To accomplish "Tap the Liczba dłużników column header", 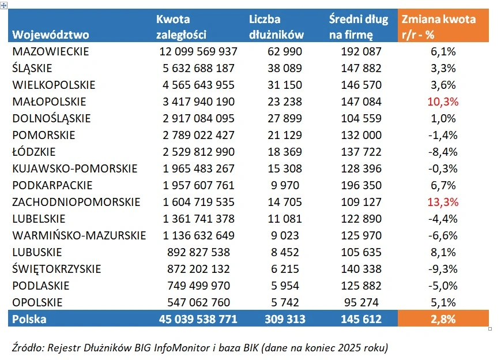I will [x=276, y=27].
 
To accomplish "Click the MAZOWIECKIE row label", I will [x=51, y=51].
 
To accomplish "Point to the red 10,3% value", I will [x=443, y=102].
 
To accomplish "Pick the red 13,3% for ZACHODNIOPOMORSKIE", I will [x=443, y=202].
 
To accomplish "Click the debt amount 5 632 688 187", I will [x=198, y=68].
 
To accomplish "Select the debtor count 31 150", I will [x=285, y=85].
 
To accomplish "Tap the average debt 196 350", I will [x=360, y=185].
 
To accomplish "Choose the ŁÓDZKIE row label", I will [x=34, y=152].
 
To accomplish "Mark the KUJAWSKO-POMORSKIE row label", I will [x=75, y=168].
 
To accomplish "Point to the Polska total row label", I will [x=29, y=319].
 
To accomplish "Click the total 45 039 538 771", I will [x=198, y=319].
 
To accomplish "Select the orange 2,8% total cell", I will [x=443, y=319].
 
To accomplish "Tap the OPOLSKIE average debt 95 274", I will [x=363, y=302].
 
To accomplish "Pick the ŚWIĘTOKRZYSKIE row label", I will [x=56, y=269].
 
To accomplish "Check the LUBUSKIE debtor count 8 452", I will [x=285, y=252].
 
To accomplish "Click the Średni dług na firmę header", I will [x=359, y=27].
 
